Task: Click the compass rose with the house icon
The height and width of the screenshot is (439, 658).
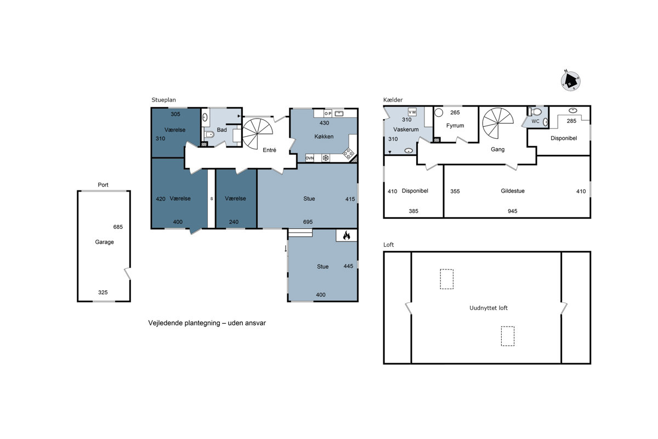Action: pyautogui.click(x=570, y=81)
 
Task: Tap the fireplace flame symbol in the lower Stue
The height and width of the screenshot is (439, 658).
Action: pyautogui.click(x=347, y=235)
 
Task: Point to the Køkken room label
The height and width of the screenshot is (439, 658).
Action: pyautogui.click(x=324, y=137)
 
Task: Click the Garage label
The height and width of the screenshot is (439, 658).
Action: pyautogui.click(x=104, y=242)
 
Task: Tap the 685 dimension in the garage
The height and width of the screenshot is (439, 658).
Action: pyautogui.click(x=118, y=227)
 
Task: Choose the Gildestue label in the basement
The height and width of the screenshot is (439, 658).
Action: pyautogui.click(x=513, y=191)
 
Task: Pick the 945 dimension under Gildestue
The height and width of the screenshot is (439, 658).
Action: pyautogui.click(x=512, y=211)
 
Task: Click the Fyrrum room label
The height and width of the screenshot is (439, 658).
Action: pyautogui.click(x=455, y=126)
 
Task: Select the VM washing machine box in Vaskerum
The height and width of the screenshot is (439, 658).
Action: pyautogui.click(x=412, y=112)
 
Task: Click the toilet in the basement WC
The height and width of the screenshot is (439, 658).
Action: pyautogui.click(x=535, y=112)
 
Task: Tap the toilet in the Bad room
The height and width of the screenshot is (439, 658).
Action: pyautogui.click(x=209, y=134)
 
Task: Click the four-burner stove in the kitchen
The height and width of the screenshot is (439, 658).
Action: pyautogui.click(x=349, y=154)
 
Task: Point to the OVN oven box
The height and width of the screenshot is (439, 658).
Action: pyautogui.click(x=310, y=158)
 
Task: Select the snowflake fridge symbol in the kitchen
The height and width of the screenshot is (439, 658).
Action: pyautogui.click(x=326, y=158)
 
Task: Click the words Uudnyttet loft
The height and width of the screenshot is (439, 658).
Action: pyautogui.click(x=489, y=308)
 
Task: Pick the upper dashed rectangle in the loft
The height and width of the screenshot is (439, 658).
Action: pyautogui.click(x=446, y=279)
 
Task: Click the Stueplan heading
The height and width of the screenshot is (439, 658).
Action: pyautogui.click(x=163, y=100)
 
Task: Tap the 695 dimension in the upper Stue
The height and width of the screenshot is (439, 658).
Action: pyautogui.click(x=308, y=222)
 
